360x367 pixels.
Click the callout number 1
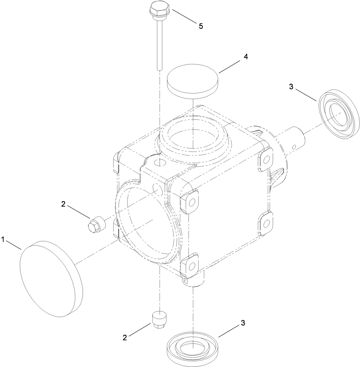(3, 240)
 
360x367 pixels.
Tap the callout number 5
(201, 26)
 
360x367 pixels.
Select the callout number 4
(246, 57)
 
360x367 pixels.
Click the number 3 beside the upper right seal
(291, 87)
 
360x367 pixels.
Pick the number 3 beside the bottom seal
(243, 323)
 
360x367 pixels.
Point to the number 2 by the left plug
(63, 204)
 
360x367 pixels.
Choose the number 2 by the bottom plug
(125, 338)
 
